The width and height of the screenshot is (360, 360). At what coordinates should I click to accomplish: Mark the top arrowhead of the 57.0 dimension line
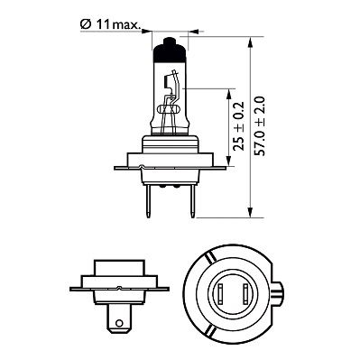[x=252, y=41]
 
